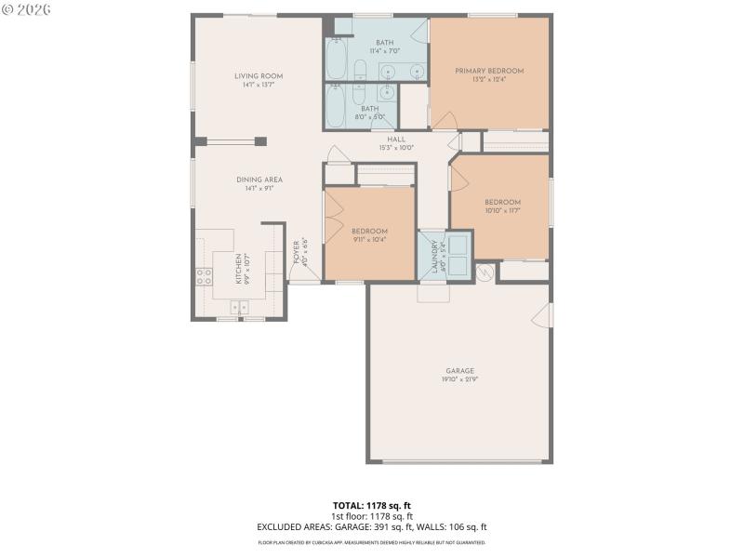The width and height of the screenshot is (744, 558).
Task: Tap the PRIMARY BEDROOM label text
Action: tap(489, 71)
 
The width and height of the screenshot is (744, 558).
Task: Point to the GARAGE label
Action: tap(460, 370)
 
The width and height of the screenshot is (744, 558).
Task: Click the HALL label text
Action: tap(396, 139)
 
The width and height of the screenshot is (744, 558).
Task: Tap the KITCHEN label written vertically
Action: tap(238, 267)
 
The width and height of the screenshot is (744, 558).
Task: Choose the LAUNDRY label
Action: tap(434, 258)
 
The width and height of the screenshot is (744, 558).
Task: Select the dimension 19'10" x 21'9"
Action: tap(460, 379)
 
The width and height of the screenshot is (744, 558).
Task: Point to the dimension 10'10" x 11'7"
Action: tap(502, 211)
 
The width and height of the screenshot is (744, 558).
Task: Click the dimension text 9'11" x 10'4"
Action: tap(369, 239)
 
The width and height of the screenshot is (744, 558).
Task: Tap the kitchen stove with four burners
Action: tap(203, 275)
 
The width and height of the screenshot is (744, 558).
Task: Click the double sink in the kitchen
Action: tap(240, 306)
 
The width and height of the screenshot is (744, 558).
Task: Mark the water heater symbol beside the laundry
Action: tap(484, 272)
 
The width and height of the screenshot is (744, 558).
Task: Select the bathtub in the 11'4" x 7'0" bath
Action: tap(337, 57)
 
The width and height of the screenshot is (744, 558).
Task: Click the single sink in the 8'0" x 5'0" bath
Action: tap(387, 91)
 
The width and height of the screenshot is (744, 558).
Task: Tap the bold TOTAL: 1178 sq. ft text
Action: tap(372, 506)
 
